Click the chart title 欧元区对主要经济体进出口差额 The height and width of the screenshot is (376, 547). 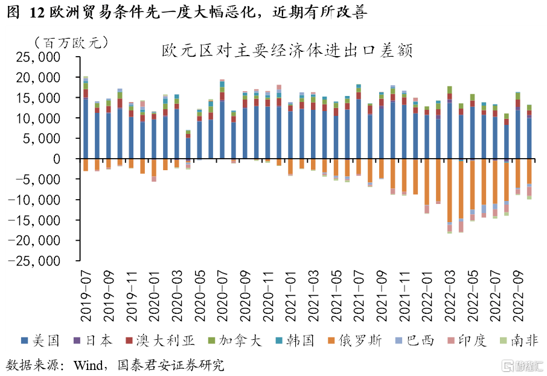coord(287,51)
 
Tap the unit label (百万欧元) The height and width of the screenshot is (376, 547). coord(71,42)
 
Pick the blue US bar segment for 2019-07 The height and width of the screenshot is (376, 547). coord(86,129)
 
